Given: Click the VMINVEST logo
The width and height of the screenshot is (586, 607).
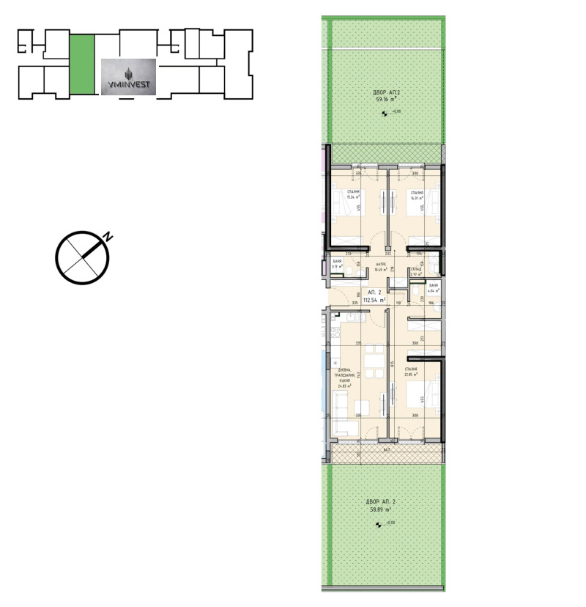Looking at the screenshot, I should click(127, 78).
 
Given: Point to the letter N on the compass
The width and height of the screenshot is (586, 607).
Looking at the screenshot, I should click(108, 237).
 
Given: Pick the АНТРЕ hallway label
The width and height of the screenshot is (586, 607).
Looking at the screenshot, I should click(380, 265).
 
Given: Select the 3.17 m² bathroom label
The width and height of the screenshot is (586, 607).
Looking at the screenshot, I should click(336, 267).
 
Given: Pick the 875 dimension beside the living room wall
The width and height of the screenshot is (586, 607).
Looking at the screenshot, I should click(393, 364).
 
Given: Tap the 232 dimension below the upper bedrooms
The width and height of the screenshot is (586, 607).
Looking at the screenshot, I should click(387, 254).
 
